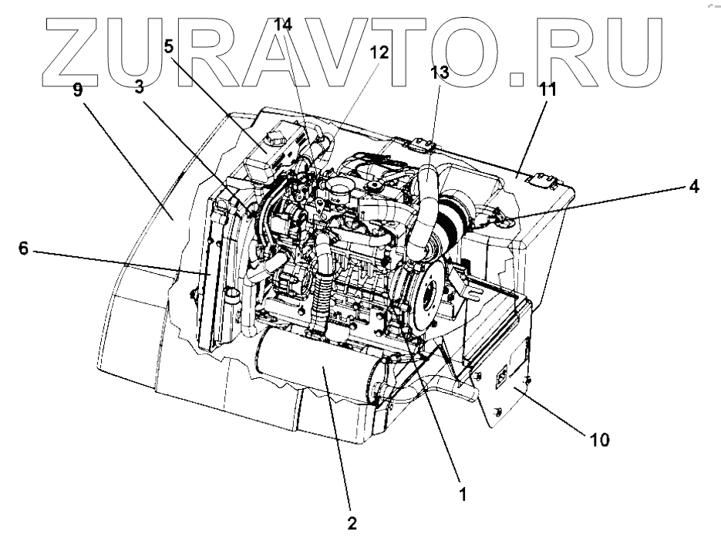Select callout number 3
[139, 87]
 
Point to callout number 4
[695, 186]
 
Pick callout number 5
[168, 46]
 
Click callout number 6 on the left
[24, 248]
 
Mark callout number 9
[77, 90]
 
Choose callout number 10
[599, 440]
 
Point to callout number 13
[439, 73]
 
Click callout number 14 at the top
[284, 24]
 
